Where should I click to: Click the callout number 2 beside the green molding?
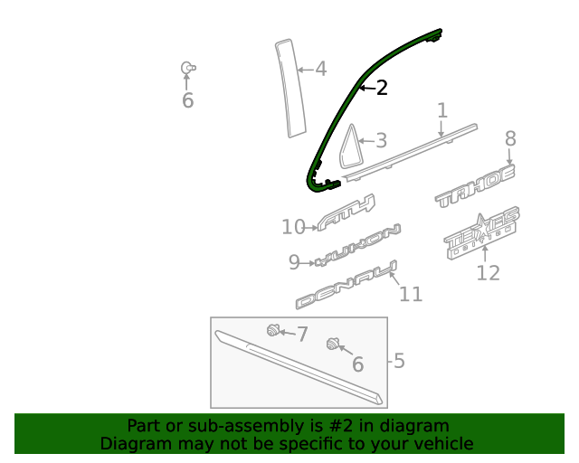pyautogui.click(x=382, y=88)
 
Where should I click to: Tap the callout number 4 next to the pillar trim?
pyautogui.click(x=320, y=69)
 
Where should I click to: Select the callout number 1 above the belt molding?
pyautogui.click(x=442, y=110)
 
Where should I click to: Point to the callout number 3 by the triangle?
pyautogui.click(x=381, y=140)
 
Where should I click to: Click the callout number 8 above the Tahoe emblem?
pyautogui.click(x=510, y=138)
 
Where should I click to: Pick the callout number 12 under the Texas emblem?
pyautogui.click(x=488, y=272)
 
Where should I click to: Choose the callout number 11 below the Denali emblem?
pyautogui.click(x=411, y=294)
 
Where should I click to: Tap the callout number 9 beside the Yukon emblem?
pyautogui.click(x=294, y=262)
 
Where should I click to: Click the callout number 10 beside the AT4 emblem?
pyautogui.click(x=293, y=227)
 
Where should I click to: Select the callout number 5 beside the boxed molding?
pyautogui.click(x=399, y=362)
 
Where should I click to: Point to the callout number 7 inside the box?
pyautogui.click(x=302, y=333)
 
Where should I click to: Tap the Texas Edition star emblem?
pyautogui.click(x=483, y=233)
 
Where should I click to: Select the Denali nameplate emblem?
pyautogui.click(x=346, y=286)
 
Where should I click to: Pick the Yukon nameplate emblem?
pyautogui.click(x=357, y=245)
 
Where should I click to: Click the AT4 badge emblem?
pyautogui.click(x=346, y=213)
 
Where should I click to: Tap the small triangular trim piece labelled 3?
pyautogui.click(x=349, y=148)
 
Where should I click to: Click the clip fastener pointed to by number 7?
pyautogui.click(x=271, y=330)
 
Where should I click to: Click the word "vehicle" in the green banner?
pyautogui.click(x=442, y=444)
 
